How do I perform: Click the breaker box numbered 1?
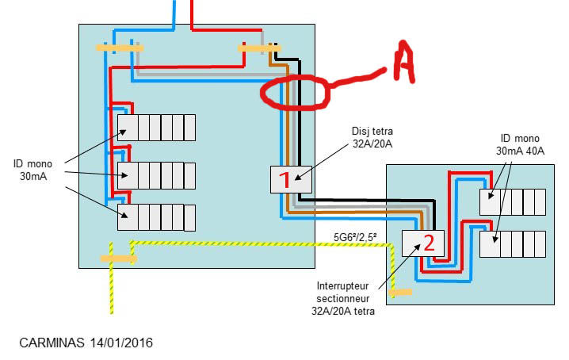point(285,179)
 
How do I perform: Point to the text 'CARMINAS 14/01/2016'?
point(86,343)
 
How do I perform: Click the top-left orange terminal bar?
point(120,48)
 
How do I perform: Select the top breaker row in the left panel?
point(156,127)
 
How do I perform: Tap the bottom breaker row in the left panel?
point(156,216)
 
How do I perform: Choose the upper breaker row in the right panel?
point(513,202)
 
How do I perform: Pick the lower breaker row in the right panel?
point(513,243)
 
